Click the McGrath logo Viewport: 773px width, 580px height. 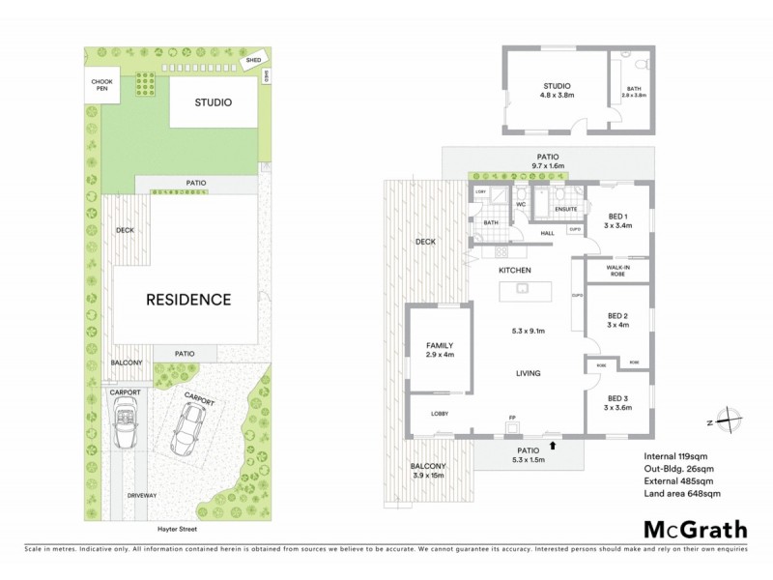point(695,529)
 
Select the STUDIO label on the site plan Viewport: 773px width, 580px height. point(213,102)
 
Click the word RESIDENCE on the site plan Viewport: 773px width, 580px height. point(188,300)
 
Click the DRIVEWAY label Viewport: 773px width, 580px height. point(141,495)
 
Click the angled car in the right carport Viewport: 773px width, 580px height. point(188,428)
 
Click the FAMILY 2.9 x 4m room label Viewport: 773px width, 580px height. point(440,350)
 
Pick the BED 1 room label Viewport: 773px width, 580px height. point(618,220)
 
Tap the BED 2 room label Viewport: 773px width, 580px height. point(618,320)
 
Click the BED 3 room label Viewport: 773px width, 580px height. point(618,403)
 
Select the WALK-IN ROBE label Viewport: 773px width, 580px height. point(618,270)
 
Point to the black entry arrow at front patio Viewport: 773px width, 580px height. point(552,446)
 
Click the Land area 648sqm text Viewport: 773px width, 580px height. point(681,494)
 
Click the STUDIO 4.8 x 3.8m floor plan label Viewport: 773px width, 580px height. point(557,90)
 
